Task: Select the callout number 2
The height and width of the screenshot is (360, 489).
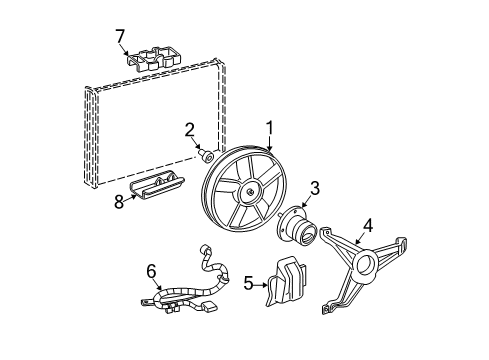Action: (x=188, y=128)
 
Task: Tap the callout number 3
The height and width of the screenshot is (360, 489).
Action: (x=314, y=187)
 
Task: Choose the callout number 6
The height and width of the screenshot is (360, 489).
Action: (x=152, y=269)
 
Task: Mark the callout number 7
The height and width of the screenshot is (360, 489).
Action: (x=120, y=37)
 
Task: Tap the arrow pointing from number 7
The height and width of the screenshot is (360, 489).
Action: (x=129, y=50)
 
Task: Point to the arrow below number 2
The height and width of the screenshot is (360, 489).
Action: (x=195, y=144)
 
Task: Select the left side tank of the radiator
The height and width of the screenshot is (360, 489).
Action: (x=92, y=140)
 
